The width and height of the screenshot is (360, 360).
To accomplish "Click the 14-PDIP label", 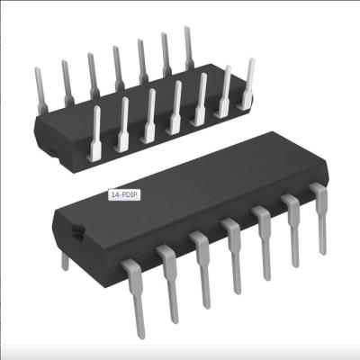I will [x=121, y=193].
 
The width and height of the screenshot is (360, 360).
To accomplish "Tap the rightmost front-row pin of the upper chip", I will [x=248, y=85].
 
